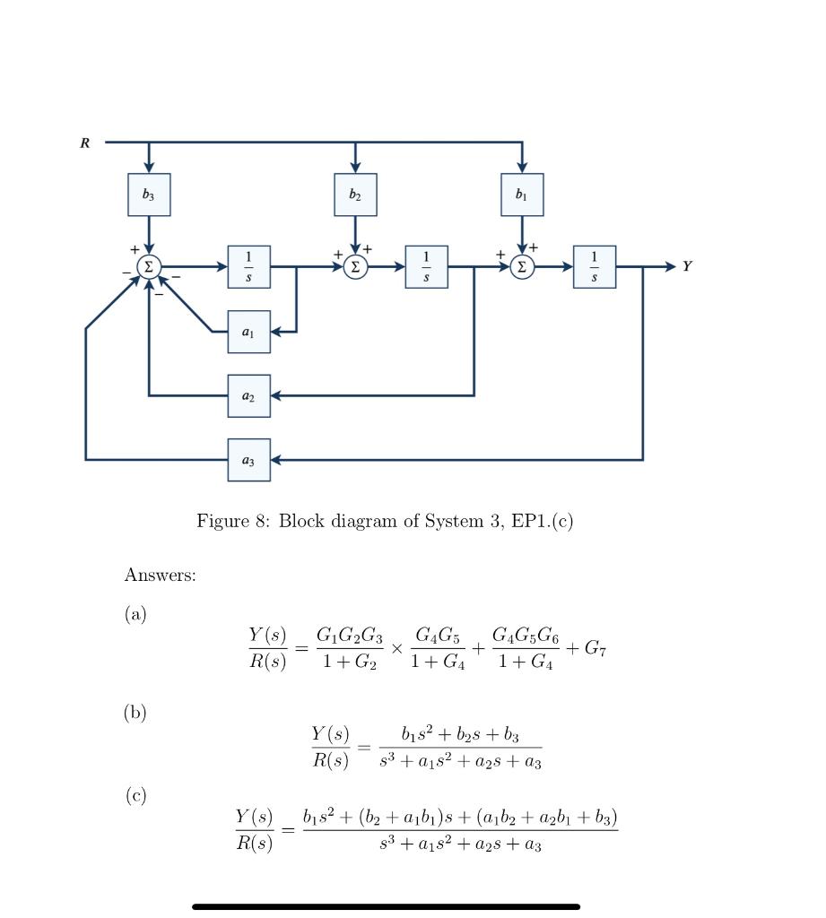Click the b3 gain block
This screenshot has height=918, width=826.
click(149, 195)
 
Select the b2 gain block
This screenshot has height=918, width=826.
click(355, 195)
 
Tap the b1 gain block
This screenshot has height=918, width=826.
click(522, 195)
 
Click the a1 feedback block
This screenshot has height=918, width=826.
click(248, 332)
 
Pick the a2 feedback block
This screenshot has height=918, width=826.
click(248, 395)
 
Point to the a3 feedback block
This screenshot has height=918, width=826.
click(248, 460)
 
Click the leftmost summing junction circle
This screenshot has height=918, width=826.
click(149, 267)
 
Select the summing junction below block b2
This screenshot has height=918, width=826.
click(355, 267)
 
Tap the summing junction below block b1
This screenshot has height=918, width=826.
click(522, 267)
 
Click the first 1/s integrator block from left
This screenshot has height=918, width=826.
click(248, 267)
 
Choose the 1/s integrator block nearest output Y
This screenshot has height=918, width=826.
click(595, 267)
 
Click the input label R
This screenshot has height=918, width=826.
click(85, 143)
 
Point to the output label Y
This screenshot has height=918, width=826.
click(686, 267)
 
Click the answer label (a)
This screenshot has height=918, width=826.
click(135, 614)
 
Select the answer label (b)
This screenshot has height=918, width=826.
click(135, 713)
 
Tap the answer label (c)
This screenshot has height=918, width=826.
click(135, 795)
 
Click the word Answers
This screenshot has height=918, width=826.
click(160, 576)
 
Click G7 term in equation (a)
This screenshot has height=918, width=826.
click(596, 648)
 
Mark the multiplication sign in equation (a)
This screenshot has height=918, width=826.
click(396, 648)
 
